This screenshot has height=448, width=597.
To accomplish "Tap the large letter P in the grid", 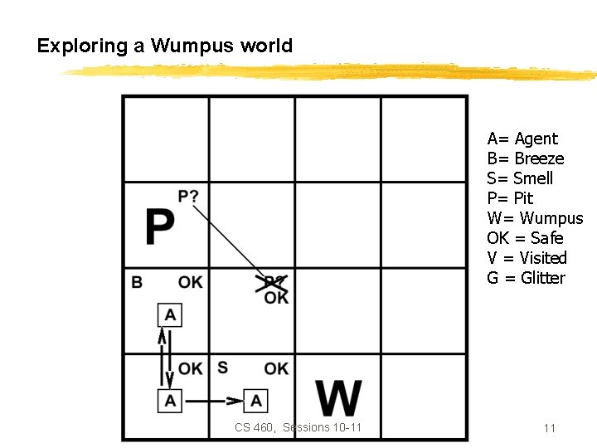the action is point(160,226).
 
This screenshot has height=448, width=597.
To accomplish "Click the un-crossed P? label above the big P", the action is point(188,196).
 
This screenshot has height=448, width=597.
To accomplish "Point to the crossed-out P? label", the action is point(274,282).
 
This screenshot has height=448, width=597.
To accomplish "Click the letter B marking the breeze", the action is point(137,282).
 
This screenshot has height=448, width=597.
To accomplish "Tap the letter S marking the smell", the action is point(222,368).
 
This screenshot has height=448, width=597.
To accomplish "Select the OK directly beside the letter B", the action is point(190,282).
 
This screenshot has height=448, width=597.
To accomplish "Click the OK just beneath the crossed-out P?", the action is point(277,297).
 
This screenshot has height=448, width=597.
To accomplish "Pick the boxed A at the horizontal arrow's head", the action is point(256,401).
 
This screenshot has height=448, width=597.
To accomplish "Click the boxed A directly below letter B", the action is point(170,315).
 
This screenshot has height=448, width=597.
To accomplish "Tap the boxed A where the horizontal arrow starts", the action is point(170,401).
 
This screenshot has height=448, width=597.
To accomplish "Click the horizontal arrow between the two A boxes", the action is point(213,401).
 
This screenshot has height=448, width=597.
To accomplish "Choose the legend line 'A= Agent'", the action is point(522,139).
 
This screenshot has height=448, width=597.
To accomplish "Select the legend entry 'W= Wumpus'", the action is point(535,218).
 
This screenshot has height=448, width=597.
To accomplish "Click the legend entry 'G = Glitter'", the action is point(526,278).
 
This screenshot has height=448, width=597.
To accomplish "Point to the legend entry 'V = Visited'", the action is point(527,258).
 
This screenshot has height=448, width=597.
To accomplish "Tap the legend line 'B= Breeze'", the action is point(526,158).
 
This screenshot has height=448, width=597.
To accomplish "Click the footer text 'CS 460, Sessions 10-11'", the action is point(298,427).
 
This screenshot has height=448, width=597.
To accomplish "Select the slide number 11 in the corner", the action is point(549,428).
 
